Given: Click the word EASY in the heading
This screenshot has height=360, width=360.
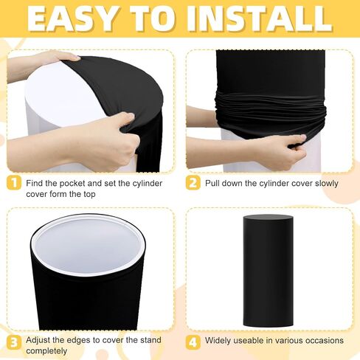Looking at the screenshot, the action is [x=72, y=18].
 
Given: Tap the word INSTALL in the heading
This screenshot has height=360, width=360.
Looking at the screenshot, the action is [x=260, y=18].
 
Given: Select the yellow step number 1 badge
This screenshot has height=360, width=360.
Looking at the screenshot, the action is [x=14, y=183].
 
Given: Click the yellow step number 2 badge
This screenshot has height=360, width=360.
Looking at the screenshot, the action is [x=193, y=183].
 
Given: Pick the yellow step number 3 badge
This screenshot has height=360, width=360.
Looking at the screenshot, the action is [x=14, y=342].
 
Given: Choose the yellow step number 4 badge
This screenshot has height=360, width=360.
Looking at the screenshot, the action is [x=193, y=342].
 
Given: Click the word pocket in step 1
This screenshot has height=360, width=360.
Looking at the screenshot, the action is [x=72, y=184].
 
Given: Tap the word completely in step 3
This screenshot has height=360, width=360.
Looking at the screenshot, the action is [x=46, y=351].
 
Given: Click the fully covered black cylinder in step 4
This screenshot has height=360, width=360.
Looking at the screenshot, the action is [x=269, y=271].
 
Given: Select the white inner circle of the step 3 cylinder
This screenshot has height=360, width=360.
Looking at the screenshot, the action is [x=88, y=247].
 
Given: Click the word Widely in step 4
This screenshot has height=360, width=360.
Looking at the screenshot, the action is [x=218, y=341].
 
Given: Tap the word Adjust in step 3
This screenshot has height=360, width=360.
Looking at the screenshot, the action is [x=38, y=340].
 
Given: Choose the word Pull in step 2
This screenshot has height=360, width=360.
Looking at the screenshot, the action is [x=212, y=184].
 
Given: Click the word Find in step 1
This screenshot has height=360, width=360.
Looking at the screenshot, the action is [x=35, y=184].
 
